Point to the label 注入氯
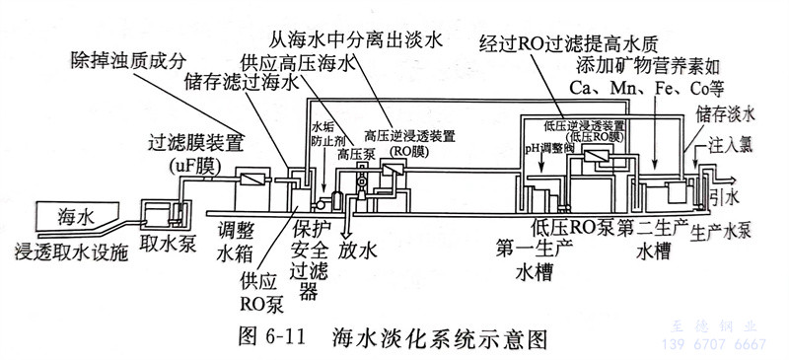(731, 144)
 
